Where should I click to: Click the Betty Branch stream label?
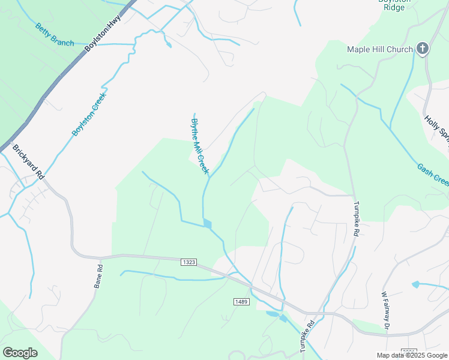pyautogui.click(x=55, y=35)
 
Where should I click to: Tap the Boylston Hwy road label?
pyautogui.click(x=103, y=32)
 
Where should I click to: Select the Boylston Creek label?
pyautogui.click(x=89, y=114)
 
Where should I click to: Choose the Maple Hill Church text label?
pyautogui.click(x=380, y=49)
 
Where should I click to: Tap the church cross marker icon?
pyautogui.click(x=423, y=49)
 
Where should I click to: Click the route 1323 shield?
pyautogui.click(x=188, y=262)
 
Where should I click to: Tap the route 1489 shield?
pyautogui.click(x=241, y=301)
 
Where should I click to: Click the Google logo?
pyautogui.click(x=20, y=353)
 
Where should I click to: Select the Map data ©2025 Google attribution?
pyautogui.click(x=412, y=355)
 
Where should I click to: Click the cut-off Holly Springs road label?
pyautogui.click(x=436, y=131)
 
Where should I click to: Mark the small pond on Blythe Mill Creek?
pyautogui.click(x=208, y=224)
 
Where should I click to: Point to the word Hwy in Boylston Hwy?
pyautogui.click(x=114, y=22)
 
